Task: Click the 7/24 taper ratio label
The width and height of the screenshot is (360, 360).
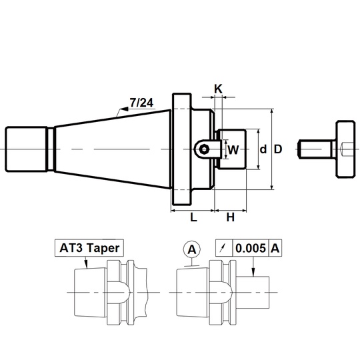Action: (141, 103)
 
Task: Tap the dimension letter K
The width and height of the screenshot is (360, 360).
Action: (218, 89)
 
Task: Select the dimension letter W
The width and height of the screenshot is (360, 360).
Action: (233, 150)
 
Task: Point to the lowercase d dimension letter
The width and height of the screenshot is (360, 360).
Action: (263, 149)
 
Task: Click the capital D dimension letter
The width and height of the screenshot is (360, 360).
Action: (278, 149)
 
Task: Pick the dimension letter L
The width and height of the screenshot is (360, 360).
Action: (193, 217)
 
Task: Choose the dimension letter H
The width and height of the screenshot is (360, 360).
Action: (231, 217)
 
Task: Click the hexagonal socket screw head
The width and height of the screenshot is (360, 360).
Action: (204, 149)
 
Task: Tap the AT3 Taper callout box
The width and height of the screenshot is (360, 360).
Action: (89, 248)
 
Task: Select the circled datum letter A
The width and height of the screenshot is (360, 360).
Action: (192, 249)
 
